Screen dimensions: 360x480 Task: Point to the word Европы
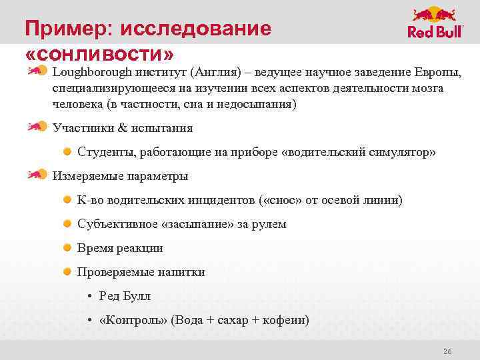coord(437,72)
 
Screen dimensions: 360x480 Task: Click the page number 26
coord(447,351)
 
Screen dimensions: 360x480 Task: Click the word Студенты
coord(106,152)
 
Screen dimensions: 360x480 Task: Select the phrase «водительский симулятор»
coord(359,152)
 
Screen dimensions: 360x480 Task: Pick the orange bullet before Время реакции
coord(68,248)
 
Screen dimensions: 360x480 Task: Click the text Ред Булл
coord(125,296)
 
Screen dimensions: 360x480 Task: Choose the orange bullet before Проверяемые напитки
coord(68,272)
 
